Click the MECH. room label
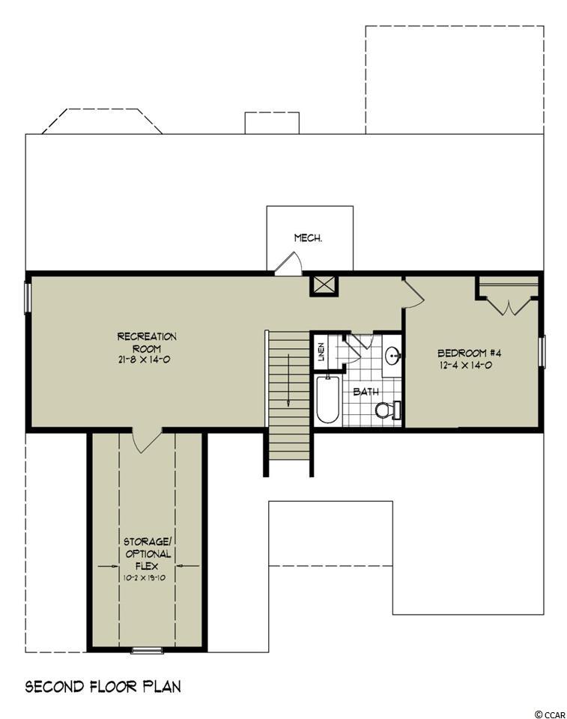pos(308,238)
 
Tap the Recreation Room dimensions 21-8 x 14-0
pos(144,360)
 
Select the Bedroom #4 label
pos(470,353)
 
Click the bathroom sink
pos(392,354)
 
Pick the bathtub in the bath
pos(327,399)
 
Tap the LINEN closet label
pos(321,352)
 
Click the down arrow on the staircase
pos(288,380)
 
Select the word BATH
pos(366,392)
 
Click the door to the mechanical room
pos(289,264)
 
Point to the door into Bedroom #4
pos(413,293)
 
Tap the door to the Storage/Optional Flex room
pos(147,440)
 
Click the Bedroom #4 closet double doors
pos(509,307)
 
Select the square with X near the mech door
pos(324,285)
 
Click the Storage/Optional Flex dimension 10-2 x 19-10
pos(144,577)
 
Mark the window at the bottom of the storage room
pos(148,650)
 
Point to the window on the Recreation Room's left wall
pos(28,299)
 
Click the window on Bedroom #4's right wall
pos(542,352)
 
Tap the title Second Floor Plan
pos(103,687)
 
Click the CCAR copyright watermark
pos(550,714)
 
